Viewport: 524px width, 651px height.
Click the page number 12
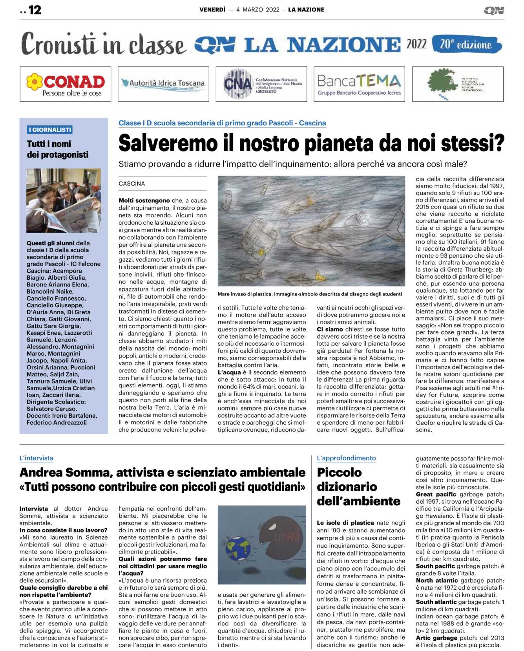35,10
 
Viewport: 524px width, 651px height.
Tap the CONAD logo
66,84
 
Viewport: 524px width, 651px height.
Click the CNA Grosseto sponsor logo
261,84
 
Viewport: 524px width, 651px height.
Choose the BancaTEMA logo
359,84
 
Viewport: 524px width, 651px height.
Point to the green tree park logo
457,84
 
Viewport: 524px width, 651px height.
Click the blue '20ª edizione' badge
466,44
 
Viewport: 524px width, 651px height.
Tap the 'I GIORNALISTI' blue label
50,130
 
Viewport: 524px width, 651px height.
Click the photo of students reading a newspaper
64,201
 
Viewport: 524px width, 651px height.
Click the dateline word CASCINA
132,183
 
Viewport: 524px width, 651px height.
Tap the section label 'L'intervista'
37,458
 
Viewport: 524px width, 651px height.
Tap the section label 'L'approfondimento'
346,458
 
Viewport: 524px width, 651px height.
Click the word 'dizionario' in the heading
347,487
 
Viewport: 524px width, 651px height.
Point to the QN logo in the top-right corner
494,10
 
